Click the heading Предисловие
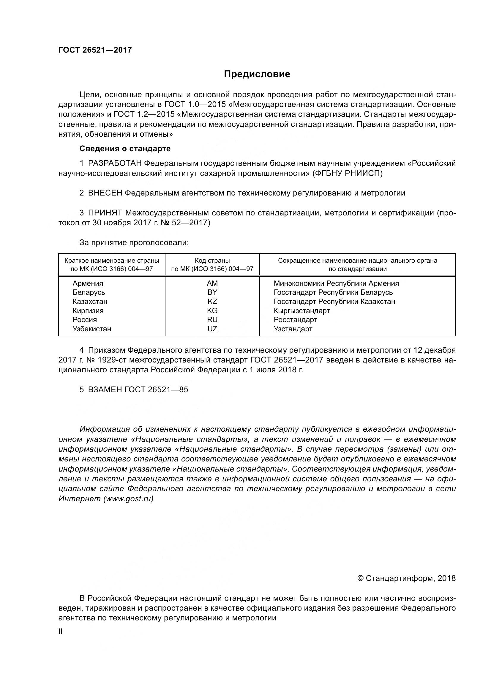(257, 74)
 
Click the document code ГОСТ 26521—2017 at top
(95, 50)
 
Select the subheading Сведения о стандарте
(125, 149)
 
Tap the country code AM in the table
(212, 283)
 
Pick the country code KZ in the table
(212, 302)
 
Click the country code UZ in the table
(212, 329)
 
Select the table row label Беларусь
(89, 292)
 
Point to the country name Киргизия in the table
(88, 311)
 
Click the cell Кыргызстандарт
(301, 311)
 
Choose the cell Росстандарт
(295, 320)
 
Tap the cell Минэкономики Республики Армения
(336, 283)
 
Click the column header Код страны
(212, 261)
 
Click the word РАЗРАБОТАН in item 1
(115, 163)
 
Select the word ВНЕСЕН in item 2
(105, 193)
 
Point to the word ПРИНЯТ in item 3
(105, 213)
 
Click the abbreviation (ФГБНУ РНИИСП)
(348, 174)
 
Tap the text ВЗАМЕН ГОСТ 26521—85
(138, 390)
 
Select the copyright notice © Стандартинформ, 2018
(406, 578)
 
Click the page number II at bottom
(61, 631)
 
